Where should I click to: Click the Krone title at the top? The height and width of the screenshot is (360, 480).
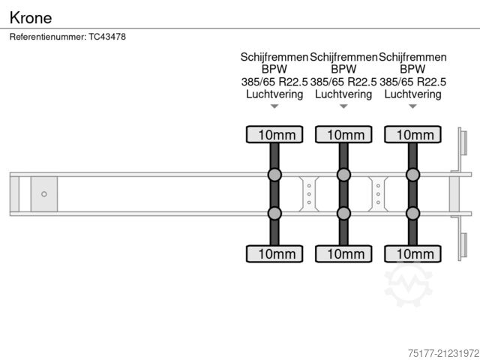pos(31,18)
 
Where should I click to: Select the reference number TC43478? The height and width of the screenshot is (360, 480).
pos(107,37)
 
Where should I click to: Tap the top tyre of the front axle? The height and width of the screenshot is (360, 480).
pos(274,134)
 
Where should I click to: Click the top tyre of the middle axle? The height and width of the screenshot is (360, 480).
pos(343,134)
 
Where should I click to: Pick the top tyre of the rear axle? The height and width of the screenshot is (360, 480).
pos(412,134)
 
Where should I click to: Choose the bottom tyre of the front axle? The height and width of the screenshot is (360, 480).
pos(274,253)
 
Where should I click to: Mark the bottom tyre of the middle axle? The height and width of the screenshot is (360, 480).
pos(343,253)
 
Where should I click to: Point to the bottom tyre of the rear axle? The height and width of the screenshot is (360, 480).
pos(412,253)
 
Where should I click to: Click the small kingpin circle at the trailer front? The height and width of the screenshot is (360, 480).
pos(44,194)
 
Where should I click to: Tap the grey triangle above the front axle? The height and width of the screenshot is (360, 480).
pos(274,106)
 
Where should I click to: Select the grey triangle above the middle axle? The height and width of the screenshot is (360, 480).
pos(343,106)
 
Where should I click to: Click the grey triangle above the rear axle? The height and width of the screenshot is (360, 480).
pos(412,106)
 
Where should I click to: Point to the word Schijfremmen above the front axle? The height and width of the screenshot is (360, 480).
pos(274,57)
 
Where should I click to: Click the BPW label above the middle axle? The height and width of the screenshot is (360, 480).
pos(343,69)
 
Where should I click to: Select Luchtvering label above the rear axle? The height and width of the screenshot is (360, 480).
pos(412,94)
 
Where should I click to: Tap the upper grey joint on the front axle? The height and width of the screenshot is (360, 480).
pos(274,175)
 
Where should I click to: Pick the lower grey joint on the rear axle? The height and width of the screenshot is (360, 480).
pos(412,213)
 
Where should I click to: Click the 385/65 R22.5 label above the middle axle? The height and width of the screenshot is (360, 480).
pos(343,82)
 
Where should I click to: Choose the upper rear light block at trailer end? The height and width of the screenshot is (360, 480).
pos(463,143)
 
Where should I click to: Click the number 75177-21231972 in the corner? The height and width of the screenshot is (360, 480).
pos(443,353)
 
